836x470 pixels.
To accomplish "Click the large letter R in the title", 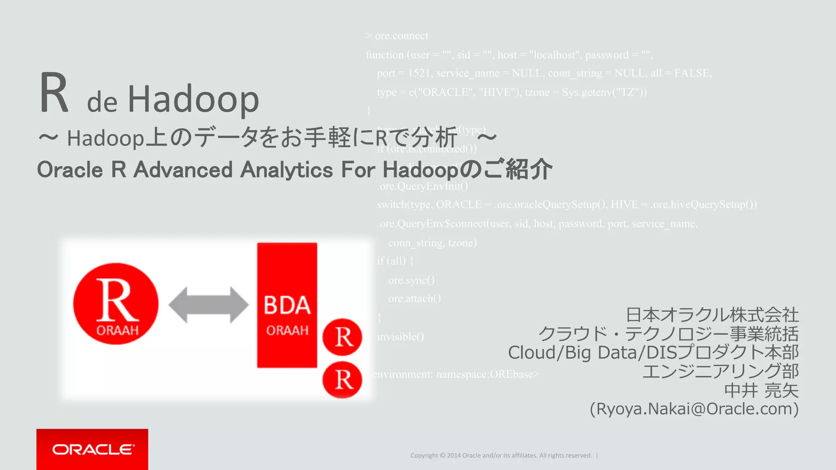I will tap(54, 93).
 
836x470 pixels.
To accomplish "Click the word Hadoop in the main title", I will tap(193, 100).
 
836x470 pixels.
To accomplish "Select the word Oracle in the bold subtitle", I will tap(69, 170).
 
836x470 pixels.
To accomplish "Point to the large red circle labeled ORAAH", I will tap(116, 304).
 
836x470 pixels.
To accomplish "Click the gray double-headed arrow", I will tap(208, 305).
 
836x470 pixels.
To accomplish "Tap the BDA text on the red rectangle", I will tap(287, 306).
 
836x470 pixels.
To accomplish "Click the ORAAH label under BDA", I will tap(287, 330).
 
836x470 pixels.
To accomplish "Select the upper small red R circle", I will tap(342, 337).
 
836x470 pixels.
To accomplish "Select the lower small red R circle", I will tap(342, 379).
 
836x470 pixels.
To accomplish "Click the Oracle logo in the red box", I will tap(93, 449).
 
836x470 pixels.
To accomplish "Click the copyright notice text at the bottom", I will tap(501, 455).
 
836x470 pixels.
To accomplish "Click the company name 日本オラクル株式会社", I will tap(712, 315).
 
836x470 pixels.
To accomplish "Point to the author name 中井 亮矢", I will tap(761, 390).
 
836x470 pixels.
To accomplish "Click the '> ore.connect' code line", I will tap(397, 36).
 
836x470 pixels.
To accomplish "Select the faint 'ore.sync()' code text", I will tap(411, 280).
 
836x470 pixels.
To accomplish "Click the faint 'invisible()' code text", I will tap(400, 337).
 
